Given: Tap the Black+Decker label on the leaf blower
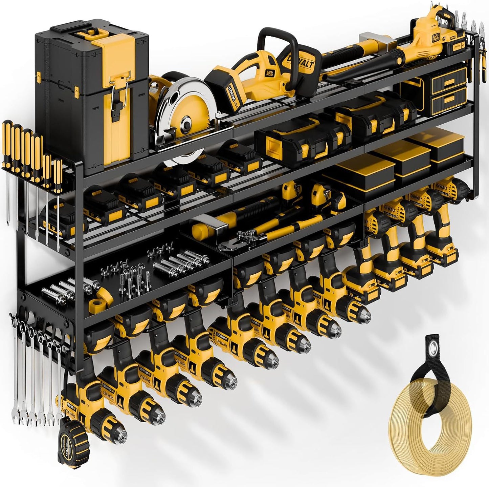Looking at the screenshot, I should [436, 30].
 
